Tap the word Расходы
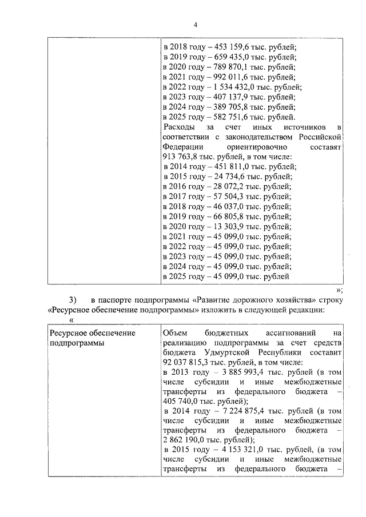pyautogui.click(x=179, y=127)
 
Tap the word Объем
pyautogui.click(x=175, y=332)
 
